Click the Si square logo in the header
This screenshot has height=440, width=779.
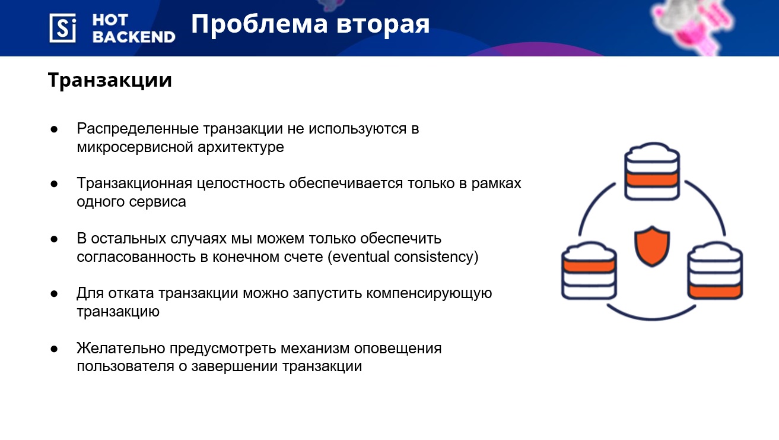click(x=63, y=28)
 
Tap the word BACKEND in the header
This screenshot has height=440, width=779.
click(x=134, y=37)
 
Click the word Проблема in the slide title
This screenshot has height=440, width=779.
click(x=259, y=24)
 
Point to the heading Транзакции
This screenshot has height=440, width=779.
click(x=110, y=80)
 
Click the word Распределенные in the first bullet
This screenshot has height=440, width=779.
click(x=138, y=129)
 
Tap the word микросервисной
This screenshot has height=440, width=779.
click(x=135, y=147)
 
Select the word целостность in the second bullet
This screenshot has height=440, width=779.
click(x=241, y=183)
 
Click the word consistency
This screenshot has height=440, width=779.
click(x=434, y=257)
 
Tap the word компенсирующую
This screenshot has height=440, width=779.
click(x=429, y=293)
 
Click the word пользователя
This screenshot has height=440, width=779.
click(x=126, y=366)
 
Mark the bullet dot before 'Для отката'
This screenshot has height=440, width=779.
click(x=54, y=294)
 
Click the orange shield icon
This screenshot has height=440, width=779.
click(x=652, y=246)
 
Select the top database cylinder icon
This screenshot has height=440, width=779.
click(x=652, y=171)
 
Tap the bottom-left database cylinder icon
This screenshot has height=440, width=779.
click(x=589, y=271)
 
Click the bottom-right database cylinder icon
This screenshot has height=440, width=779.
click(x=715, y=271)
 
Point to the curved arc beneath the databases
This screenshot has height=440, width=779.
click(x=652, y=318)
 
